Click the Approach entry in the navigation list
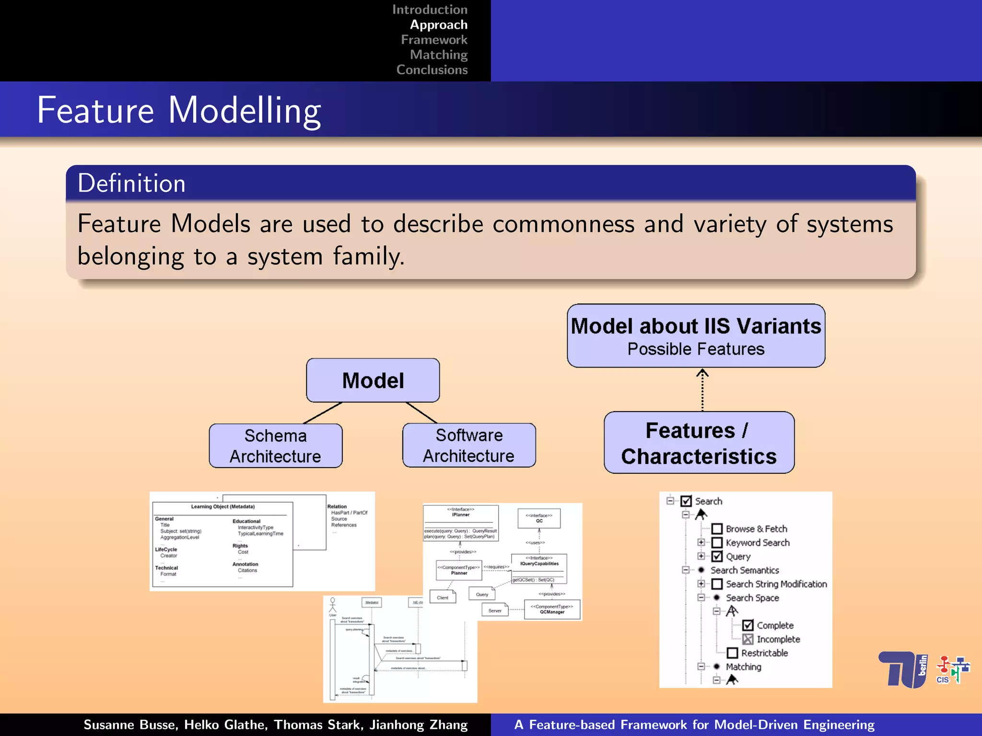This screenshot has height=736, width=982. tap(438, 25)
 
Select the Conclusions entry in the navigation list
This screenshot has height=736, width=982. tap(432, 70)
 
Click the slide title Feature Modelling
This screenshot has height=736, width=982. tap(179, 110)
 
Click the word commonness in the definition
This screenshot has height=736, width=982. tap(563, 224)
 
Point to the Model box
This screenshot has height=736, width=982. tap(373, 380)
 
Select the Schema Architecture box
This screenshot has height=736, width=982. tap(276, 446)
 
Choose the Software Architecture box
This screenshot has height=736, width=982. tap(468, 446)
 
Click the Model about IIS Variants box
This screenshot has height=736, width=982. tap(696, 335)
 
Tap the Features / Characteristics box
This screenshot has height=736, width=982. tap(699, 443)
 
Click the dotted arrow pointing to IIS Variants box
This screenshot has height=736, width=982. tap(702, 389)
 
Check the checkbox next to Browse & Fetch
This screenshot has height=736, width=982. tap(717, 529)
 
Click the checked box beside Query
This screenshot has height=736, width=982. tap(717, 556)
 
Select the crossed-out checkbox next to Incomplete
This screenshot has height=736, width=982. tap(748, 639)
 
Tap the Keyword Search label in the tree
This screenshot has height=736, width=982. tap(757, 543)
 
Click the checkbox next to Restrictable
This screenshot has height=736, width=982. tap(732, 653)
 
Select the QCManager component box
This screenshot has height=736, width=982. tap(552, 609)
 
